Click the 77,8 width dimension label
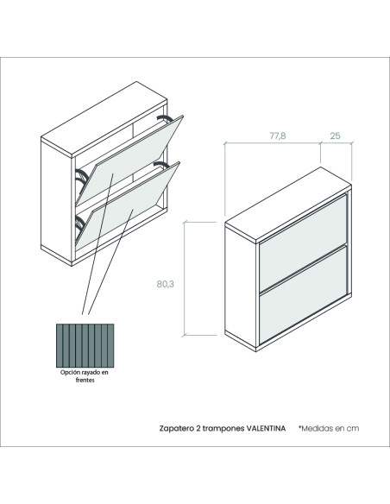(x=277, y=136)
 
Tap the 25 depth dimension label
(x=335, y=136)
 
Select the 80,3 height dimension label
(x=166, y=284)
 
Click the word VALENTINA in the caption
(x=266, y=428)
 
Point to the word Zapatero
(x=176, y=429)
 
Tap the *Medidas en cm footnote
(x=329, y=428)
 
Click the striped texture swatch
(x=85, y=345)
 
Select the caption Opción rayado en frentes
(x=85, y=376)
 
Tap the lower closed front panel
(x=304, y=295)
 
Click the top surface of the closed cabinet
(x=288, y=205)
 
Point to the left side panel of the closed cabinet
(x=240, y=286)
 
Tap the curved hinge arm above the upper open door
(x=165, y=118)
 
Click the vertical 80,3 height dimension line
(x=184, y=279)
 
